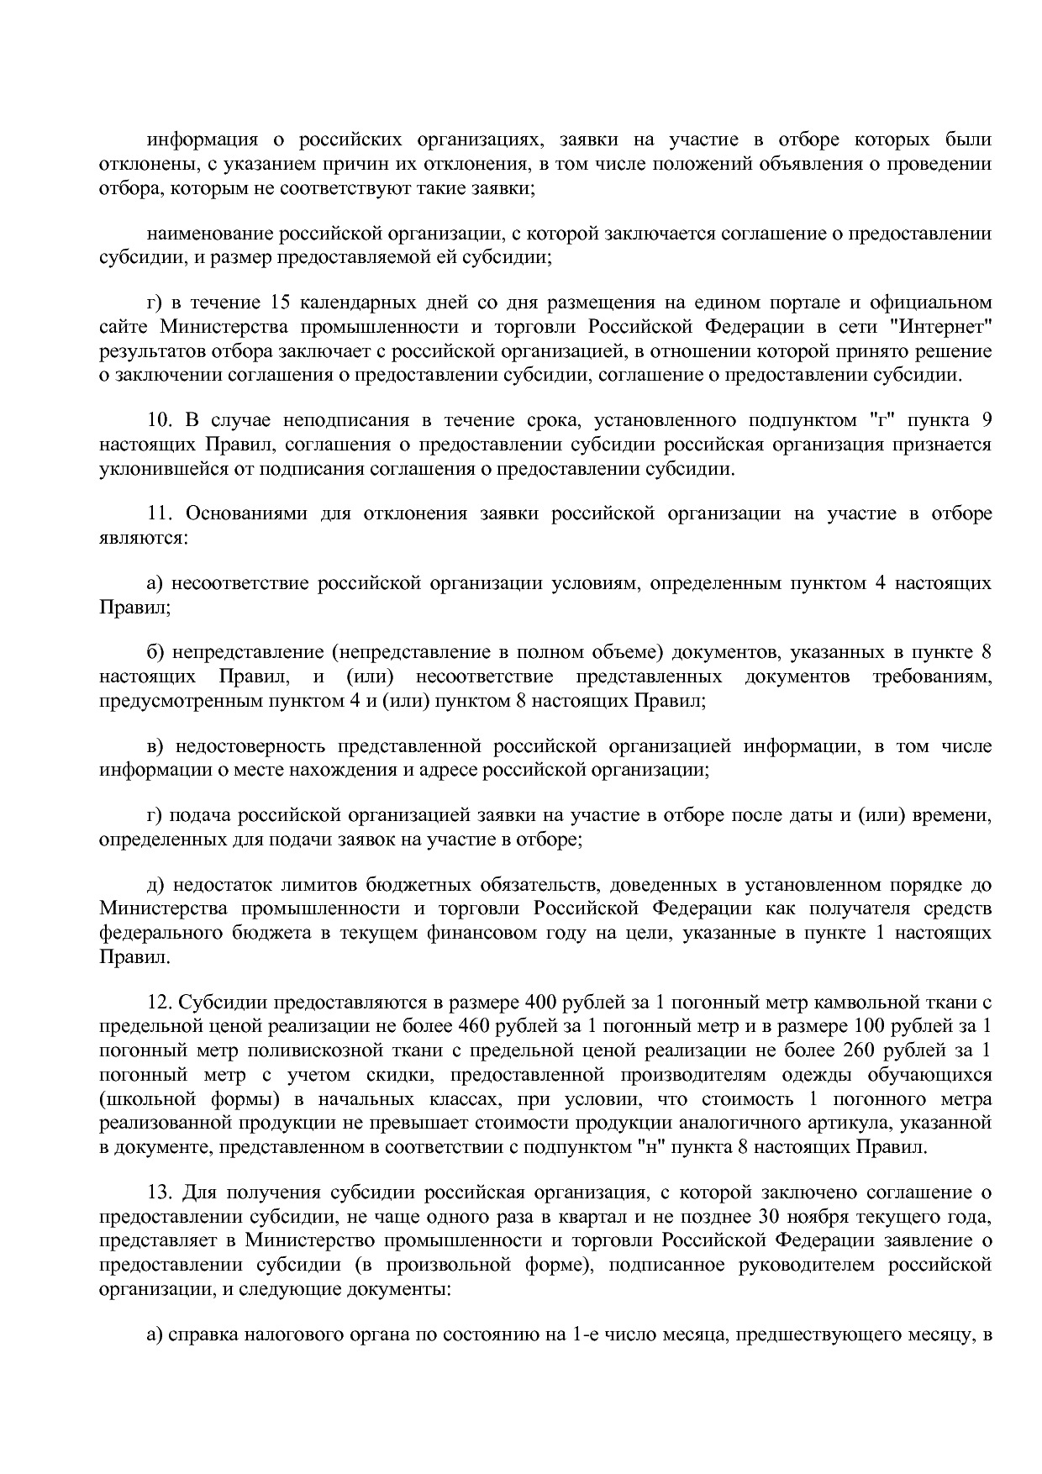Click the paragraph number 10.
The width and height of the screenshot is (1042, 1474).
(x=159, y=420)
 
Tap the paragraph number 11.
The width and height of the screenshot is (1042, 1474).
(x=159, y=513)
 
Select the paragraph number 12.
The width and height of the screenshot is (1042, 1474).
(x=159, y=1003)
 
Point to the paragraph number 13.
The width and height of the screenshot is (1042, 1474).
(x=159, y=1192)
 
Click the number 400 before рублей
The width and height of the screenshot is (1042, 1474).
(x=539, y=1003)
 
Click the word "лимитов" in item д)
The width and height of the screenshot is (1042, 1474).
(x=289, y=885)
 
